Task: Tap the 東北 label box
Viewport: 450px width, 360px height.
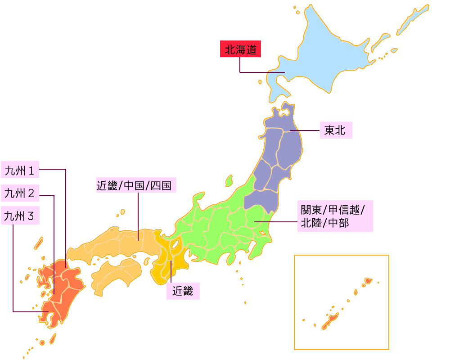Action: coord(335,130)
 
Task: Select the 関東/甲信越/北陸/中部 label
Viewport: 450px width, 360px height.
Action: coord(334,216)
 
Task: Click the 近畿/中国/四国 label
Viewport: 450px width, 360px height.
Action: coord(136,185)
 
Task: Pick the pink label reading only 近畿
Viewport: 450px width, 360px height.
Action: coord(183,291)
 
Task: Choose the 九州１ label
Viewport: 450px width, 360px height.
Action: coord(20,170)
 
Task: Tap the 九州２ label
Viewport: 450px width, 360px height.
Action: coord(20,193)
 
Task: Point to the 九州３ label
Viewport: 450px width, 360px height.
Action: coord(20,216)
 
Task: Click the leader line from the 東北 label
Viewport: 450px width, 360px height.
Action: coord(306,130)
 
